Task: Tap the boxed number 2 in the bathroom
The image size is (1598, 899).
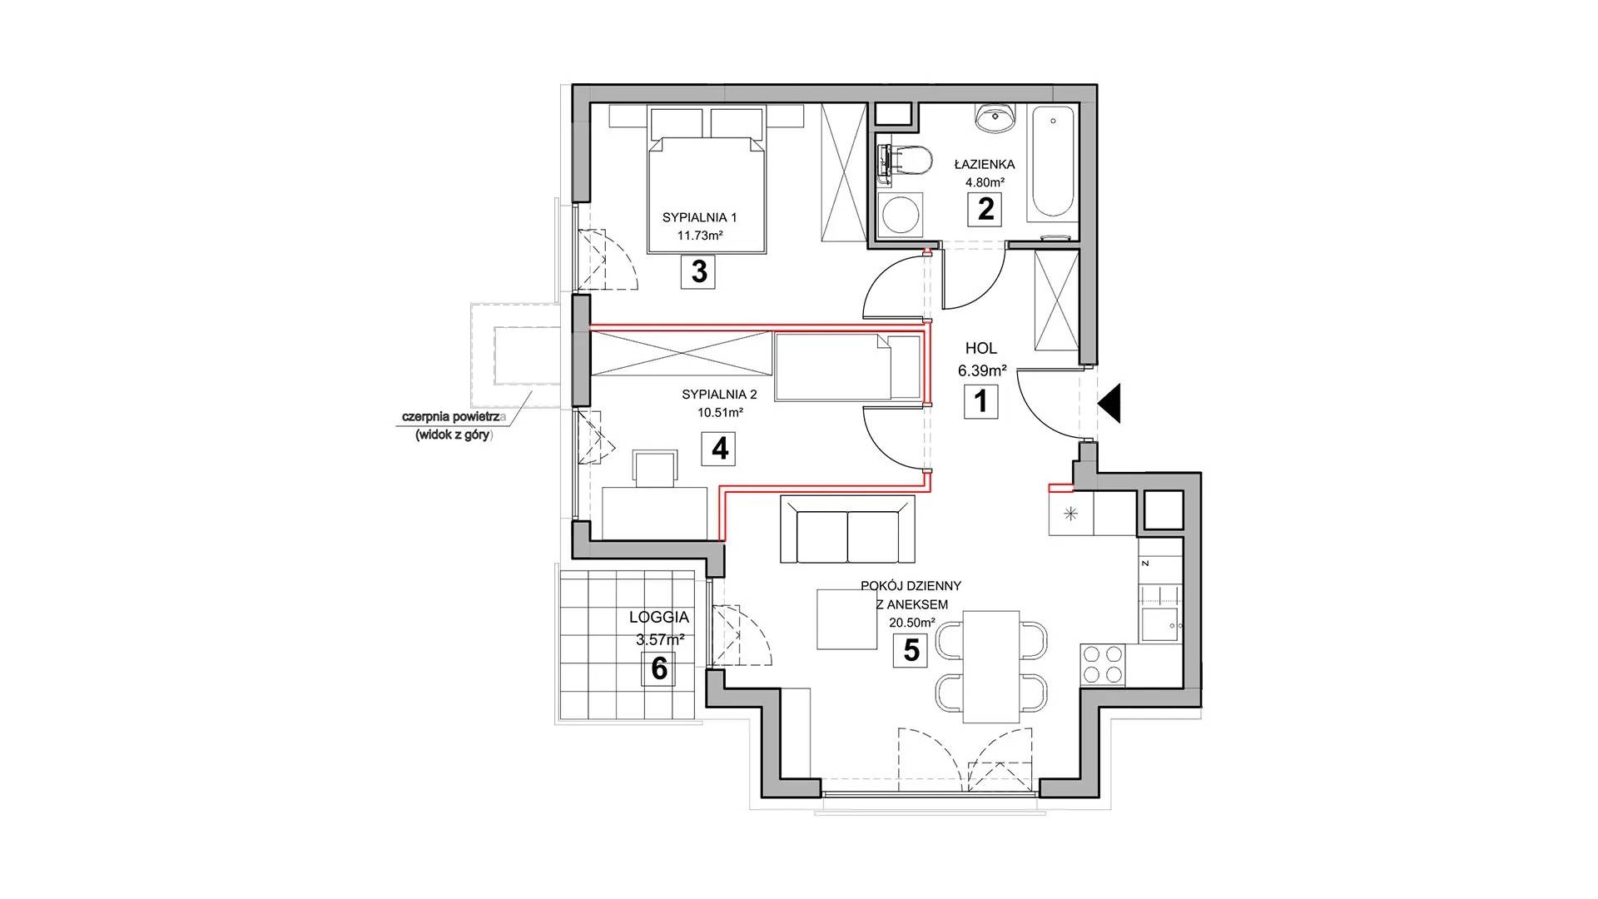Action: (x=985, y=208)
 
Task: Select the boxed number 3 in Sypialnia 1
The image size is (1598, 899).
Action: (x=698, y=271)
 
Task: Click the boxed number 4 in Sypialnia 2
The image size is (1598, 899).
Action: (x=719, y=449)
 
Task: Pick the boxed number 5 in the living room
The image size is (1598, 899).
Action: (x=911, y=650)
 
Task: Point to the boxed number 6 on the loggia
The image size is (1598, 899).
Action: (x=659, y=668)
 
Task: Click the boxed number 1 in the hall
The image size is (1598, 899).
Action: (x=980, y=402)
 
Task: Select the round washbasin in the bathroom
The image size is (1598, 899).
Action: (x=995, y=118)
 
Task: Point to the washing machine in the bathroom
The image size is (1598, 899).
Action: (x=897, y=216)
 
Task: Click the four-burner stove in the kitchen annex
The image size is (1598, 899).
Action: (x=1103, y=664)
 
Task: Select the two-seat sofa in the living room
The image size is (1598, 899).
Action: (x=847, y=529)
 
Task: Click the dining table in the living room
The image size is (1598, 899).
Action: (x=990, y=667)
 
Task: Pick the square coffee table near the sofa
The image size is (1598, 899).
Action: (x=847, y=618)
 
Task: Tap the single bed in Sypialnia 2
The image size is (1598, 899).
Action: (x=848, y=366)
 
